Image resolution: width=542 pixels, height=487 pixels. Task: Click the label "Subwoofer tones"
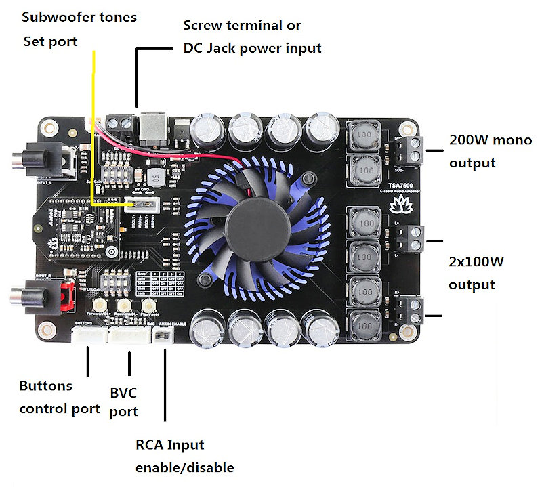click(79, 16)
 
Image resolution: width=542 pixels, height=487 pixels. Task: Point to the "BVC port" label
click(123, 402)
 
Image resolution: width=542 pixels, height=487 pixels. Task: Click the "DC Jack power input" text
click(252, 48)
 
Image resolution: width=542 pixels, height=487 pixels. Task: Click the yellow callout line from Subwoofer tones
click(93, 102)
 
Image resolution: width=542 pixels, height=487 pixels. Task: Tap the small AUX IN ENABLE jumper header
click(163, 337)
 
